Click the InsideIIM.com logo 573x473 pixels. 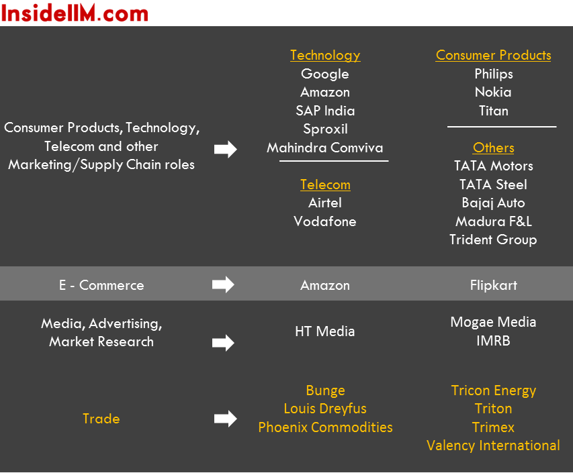[x=75, y=13]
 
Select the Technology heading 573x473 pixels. [x=325, y=55]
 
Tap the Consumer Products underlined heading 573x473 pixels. [x=493, y=55]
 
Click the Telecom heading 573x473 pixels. [x=325, y=185]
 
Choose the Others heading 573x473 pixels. [x=493, y=148]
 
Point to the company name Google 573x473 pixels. [x=325, y=74]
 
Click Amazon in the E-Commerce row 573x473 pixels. [x=325, y=285]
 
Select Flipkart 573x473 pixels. [x=493, y=285]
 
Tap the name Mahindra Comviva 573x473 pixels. [x=325, y=148]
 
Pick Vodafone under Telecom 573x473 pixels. [x=325, y=221]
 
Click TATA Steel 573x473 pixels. [x=493, y=185]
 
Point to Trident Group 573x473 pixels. [x=493, y=240]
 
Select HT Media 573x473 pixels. [x=325, y=331]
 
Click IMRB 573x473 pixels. [x=493, y=341]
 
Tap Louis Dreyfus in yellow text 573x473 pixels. [x=325, y=409]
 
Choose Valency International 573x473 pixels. [x=493, y=445]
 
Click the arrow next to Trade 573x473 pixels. [x=226, y=419]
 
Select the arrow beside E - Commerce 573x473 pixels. [x=223, y=284]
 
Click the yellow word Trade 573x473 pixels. [x=101, y=419]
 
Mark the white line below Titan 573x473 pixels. [x=502, y=127]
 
